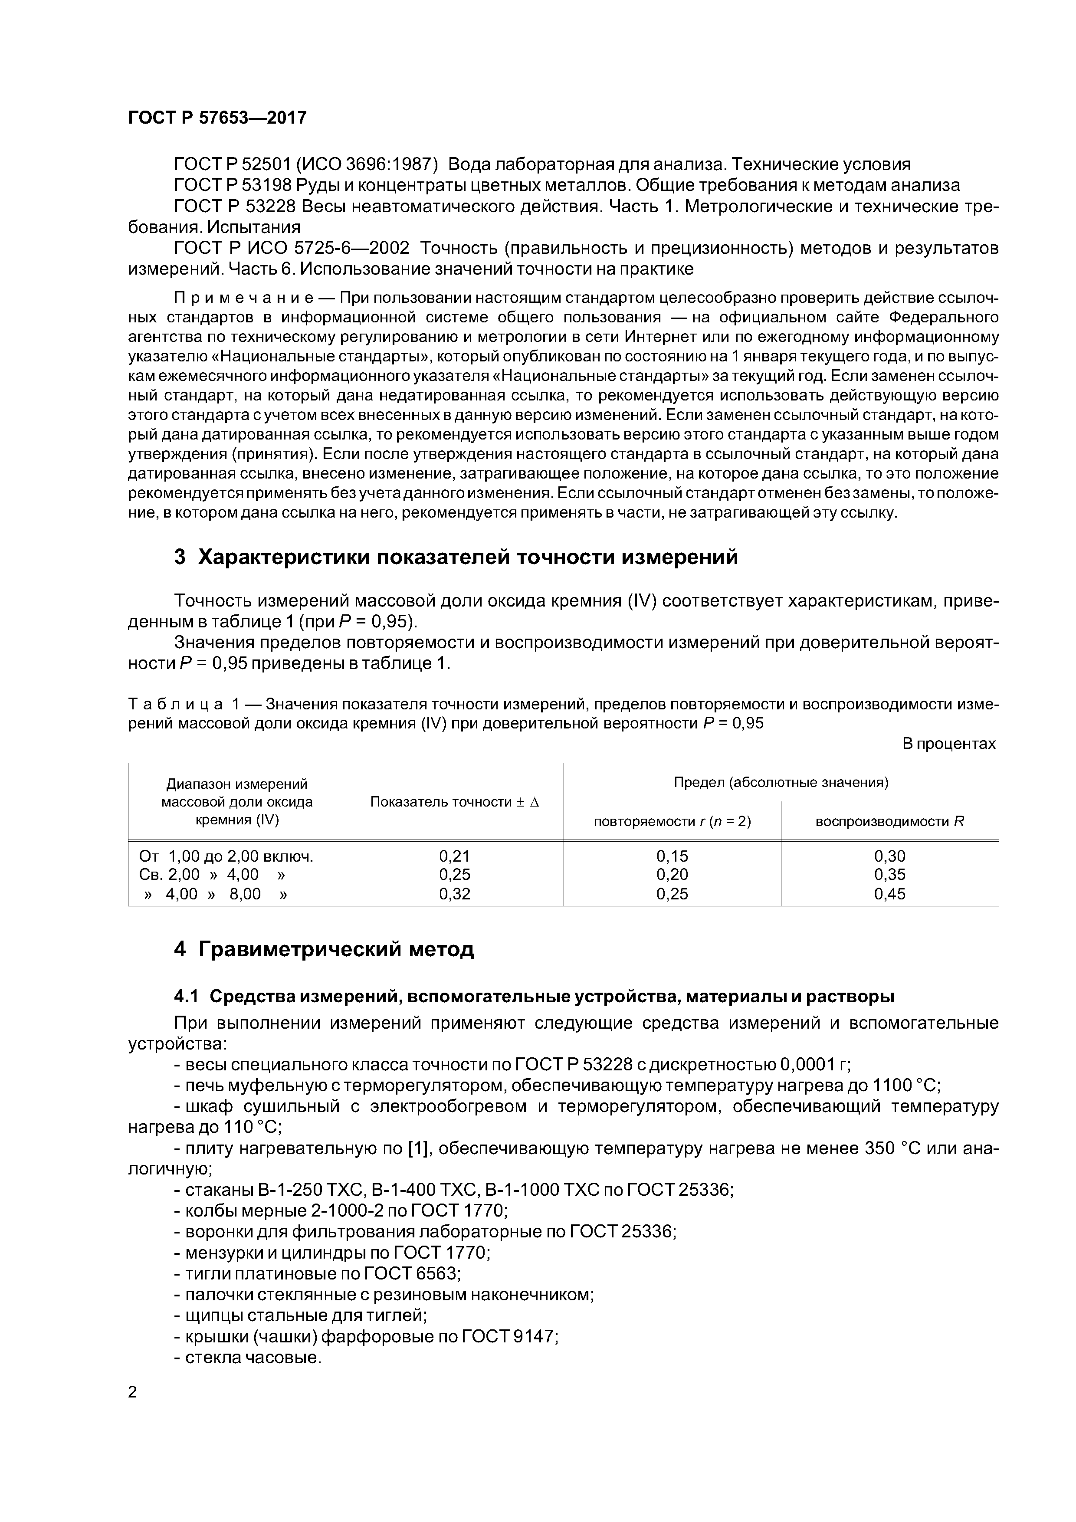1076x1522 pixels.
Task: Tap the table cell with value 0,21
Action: click(x=454, y=856)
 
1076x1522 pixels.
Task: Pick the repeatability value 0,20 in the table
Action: click(x=672, y=874)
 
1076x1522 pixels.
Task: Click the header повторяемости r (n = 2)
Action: click(x=672, y=821)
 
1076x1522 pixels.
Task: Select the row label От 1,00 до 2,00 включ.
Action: click(x=226, y=856)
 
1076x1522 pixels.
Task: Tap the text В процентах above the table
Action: click(x=949, y=744)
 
